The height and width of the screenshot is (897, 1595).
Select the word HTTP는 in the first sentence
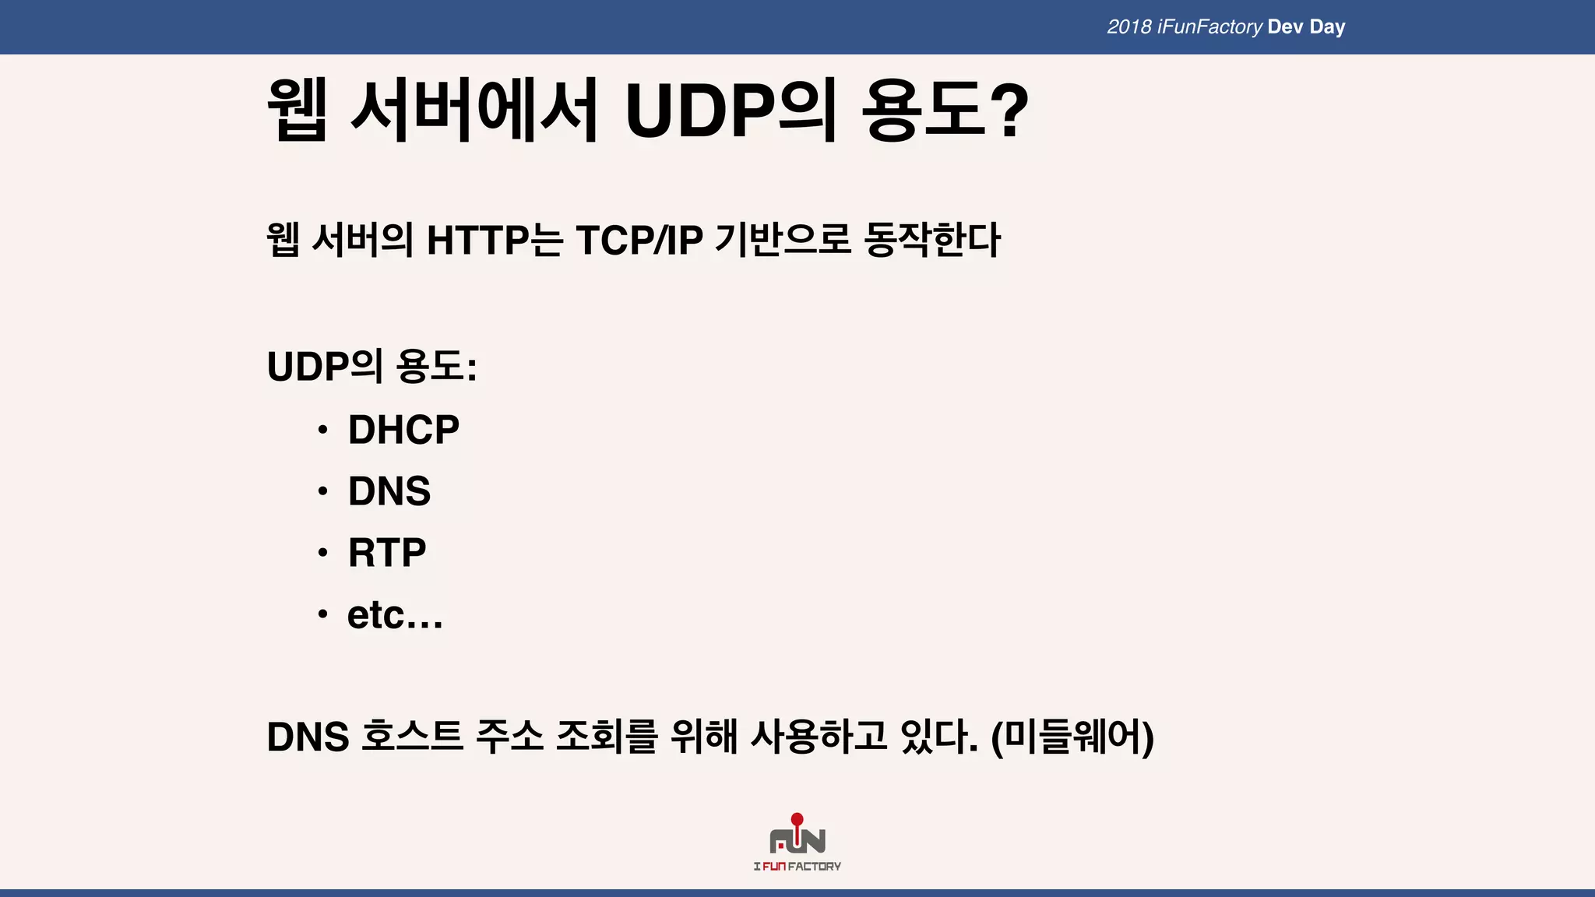[x=494, y=240]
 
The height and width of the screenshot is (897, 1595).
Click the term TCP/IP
[x=639, y=240]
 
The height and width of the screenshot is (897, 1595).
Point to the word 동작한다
[x=932, y=240]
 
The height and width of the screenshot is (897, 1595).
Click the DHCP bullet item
[x=403, y=430]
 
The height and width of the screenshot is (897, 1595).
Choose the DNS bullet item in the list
[x=389, y=491]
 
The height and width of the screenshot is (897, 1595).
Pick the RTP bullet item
[x=387, y=553]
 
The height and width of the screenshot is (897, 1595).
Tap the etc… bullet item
[x=395, y=615]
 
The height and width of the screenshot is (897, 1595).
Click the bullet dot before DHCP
[x=322, y=430]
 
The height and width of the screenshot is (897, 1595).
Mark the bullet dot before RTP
[x=322, y=553]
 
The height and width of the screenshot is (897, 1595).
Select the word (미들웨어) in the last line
[x=1072, y=737]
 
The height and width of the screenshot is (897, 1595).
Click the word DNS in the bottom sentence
[x=308, y=737]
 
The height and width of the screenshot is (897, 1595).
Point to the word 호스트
[x=412, y=737]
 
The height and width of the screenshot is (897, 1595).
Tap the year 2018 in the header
[x=1128, y=27]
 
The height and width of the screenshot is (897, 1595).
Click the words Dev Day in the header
[x=1306, y=27]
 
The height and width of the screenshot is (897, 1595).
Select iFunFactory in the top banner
[x=1209, y=27]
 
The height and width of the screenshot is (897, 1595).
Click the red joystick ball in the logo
[x=797, y=819]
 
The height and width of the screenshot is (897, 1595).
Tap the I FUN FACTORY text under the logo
[x=797, y=867]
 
